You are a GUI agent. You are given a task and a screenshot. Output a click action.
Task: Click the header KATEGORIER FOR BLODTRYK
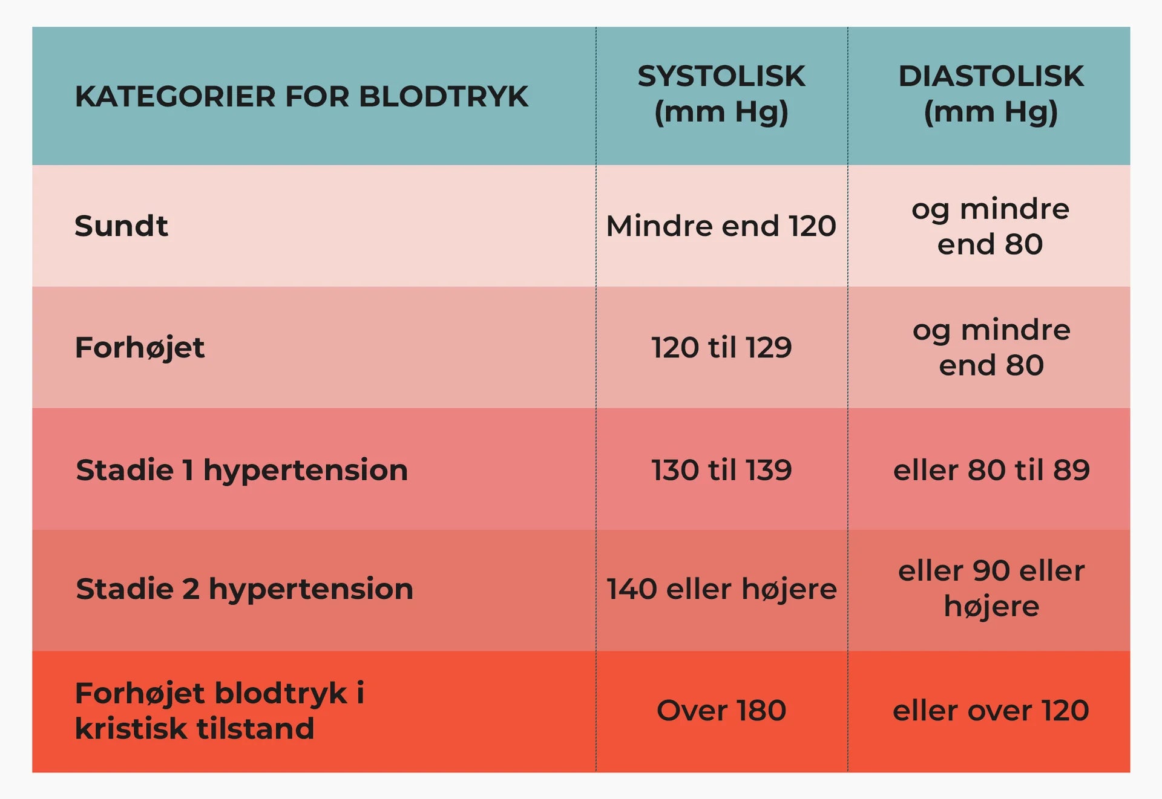coord(301,97)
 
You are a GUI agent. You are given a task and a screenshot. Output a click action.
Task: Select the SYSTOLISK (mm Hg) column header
coord(721,94)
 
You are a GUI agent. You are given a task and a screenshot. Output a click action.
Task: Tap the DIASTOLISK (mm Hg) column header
coord(991,94)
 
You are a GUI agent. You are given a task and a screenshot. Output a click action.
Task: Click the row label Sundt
coord(121,226)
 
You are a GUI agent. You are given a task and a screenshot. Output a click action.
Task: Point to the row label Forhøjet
coord(140,348)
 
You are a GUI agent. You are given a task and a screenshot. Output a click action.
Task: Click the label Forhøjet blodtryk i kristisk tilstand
coord(219,711)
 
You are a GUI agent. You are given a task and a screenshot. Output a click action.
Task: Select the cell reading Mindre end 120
coord(721,226)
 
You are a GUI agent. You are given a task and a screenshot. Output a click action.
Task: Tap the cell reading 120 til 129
coord(721,348)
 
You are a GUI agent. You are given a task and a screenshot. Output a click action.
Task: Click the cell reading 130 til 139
coord(721,470)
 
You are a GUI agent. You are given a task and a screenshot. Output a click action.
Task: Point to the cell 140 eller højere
coord(721,589)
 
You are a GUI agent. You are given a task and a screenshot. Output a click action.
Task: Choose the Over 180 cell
coord(721,710)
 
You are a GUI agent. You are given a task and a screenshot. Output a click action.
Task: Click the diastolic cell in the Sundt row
coord(991,227)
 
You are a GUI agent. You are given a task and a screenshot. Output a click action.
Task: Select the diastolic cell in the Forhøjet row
coord(991,348)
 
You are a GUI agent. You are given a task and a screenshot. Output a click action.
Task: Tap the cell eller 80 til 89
coord(991,470)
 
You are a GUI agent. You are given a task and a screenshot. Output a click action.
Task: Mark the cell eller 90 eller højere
coord(991,589)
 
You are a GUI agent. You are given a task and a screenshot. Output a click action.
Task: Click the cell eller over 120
coord(991,710)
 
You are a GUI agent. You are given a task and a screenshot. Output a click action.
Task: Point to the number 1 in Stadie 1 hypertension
coord(188,470)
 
